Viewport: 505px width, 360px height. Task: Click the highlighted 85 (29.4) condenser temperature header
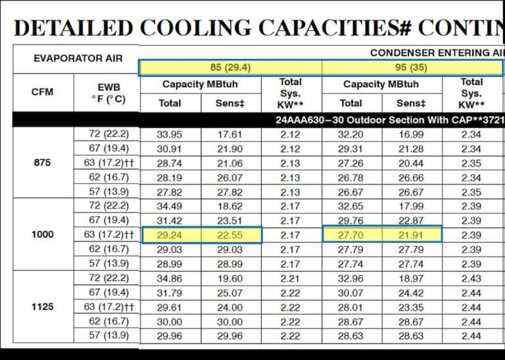pyautogui.click(x=230, y=68)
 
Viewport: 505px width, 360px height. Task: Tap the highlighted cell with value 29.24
pyautogui.click(x=170, y=235)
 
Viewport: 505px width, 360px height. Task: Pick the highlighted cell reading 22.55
pyautogui.click(x=229, y=235)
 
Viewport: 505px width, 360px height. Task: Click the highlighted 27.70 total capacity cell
pyautogui.click(x=350, y=235)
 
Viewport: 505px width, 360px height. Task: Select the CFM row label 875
pyautogui.click(x=42, y=163)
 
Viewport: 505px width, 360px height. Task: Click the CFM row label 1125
pyautogui.click(x=42, y=307)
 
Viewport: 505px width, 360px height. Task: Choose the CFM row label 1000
pyautogui.click(x=42, y=235)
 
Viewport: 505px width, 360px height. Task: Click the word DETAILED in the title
pyautogui.click(x=73, y=28)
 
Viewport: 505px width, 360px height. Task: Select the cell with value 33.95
pyautogui.click(x=170, y=134)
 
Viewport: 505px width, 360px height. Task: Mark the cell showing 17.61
pyautogui.click(x=229, y=134)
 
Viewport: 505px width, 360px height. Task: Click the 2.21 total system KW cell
pyautogui.click(x=290, y=278)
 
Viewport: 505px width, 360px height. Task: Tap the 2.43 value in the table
pyautogui.click(x=471, y=278)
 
